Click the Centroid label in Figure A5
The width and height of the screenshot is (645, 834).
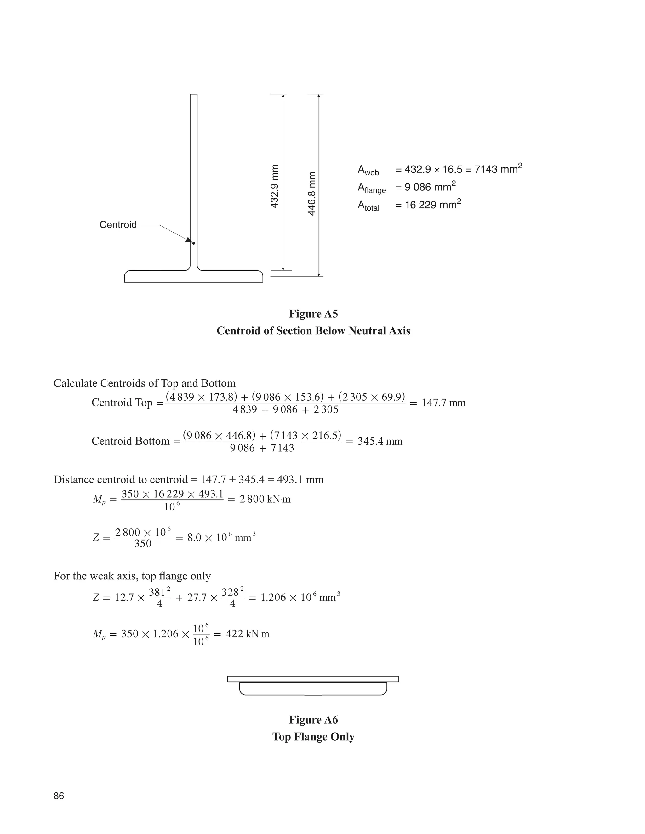point(118,224)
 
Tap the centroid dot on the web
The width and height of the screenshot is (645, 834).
point(194,243)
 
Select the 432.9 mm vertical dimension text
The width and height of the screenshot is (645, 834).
point(274,186)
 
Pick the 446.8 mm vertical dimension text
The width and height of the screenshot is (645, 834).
point(312,194)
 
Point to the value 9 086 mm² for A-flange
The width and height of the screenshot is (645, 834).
point(430,187)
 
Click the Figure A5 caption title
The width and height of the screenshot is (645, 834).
point(313,314)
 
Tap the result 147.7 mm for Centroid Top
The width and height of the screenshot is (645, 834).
point(443,403)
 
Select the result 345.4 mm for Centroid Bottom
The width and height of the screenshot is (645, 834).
point(380,442)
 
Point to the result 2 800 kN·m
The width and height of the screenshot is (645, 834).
point(265,499)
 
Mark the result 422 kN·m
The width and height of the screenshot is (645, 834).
point(247,634)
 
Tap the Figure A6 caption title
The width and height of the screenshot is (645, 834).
point(313,720)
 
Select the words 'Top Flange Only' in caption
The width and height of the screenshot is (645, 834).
point(313,737)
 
